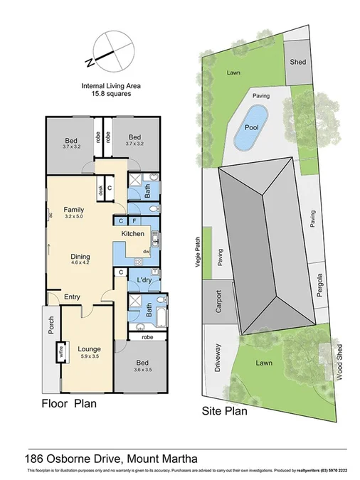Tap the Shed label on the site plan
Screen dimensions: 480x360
[x=297, y=62]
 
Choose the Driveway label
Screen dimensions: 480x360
[x=218, y=356]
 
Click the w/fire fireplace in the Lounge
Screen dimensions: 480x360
[x=62, y=352]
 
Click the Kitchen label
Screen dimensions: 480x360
[x=133, y=234]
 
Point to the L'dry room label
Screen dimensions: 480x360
[x=145, y=280]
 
